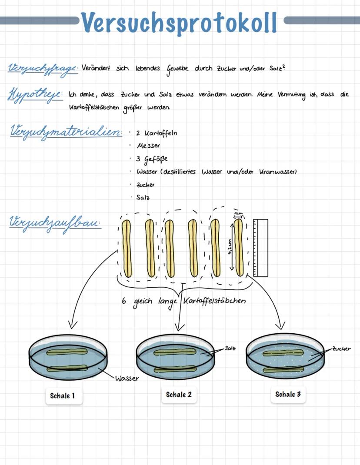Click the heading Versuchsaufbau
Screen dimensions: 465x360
coord(54,223)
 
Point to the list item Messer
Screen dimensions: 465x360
coord(148,146)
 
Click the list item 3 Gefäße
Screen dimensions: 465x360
coord(152,159)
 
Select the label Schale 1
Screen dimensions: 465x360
coord(63,395)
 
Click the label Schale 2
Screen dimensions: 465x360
coord(178,395)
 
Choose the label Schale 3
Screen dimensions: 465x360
coord(287,394)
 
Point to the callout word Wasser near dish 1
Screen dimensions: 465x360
coord(127,378)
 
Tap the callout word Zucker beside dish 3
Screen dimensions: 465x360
coord(341,349)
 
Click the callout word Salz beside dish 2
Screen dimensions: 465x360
coord(230,348)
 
